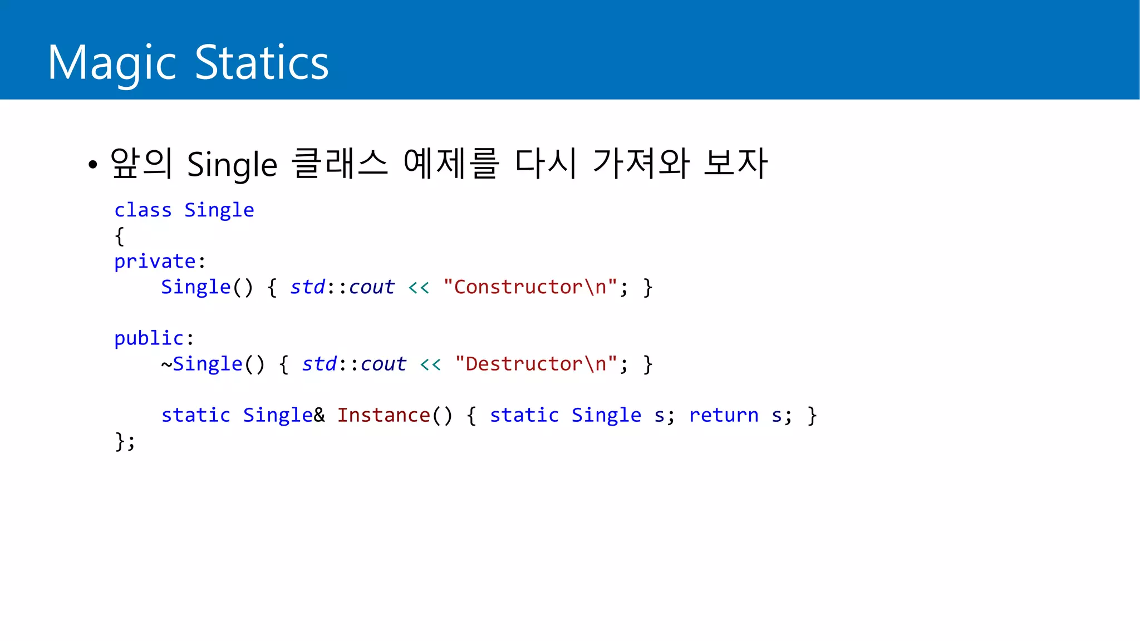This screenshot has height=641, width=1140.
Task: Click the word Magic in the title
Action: [112, 63]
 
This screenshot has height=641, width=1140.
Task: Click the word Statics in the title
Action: [262, 63]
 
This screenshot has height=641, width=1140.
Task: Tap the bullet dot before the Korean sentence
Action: [92, 165]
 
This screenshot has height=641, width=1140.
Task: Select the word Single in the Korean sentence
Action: [232, 165]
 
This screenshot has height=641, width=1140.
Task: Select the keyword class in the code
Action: [143, 210]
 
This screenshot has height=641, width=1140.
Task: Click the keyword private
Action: [155, 262]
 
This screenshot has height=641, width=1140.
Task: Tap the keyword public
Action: [149, 338]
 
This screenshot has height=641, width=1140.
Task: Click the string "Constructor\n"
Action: [530, 287]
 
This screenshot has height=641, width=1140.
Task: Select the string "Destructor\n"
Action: [536, 364]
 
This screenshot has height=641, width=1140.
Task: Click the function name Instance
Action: [384, 415]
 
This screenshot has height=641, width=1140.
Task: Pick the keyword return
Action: [724, 415]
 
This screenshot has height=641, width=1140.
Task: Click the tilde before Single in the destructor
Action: [166, 364]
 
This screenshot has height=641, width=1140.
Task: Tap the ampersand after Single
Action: [319, 415]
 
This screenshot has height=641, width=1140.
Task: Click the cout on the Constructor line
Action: [372, 287]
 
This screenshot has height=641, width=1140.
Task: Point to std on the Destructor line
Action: [320, 364]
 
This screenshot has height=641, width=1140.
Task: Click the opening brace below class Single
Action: [119, 236]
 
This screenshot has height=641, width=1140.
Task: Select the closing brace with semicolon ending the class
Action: [125, 441]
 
